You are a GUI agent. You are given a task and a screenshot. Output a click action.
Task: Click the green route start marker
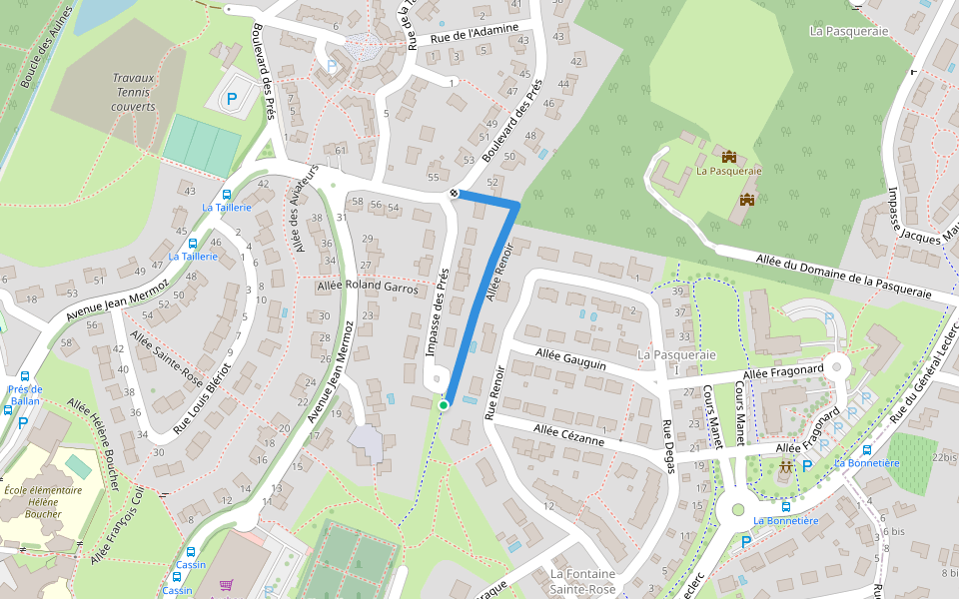tap(444, 404)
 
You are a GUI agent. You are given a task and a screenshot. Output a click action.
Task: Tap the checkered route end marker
tap(455, 192)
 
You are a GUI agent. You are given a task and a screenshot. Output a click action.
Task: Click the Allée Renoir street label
tap(502, 273)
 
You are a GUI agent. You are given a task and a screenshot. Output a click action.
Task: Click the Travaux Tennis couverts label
tap(133, 92)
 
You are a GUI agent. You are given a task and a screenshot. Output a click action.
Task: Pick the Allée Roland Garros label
tap(367, 286)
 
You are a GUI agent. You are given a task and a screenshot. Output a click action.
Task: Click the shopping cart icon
tap(227, 586)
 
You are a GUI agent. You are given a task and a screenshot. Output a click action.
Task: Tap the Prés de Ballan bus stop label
tap(23, 395)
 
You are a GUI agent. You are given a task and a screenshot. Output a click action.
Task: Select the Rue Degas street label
tap(667, 446)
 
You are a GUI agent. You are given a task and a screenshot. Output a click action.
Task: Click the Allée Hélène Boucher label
tap(94, 442)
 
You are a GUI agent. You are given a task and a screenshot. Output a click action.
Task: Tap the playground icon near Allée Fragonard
tap(786, 465)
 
